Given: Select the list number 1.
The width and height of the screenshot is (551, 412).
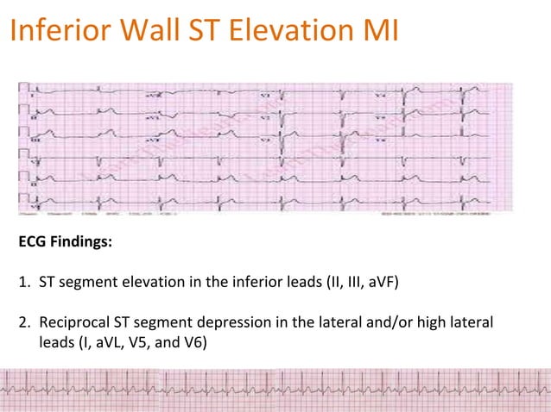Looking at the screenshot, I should click(23, 283).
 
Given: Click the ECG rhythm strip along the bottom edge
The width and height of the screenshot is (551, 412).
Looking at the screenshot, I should click(275, 388).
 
